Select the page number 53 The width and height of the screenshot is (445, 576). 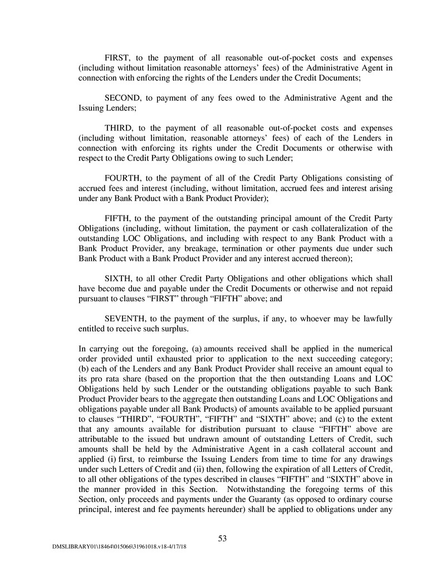tap(222, 538)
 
